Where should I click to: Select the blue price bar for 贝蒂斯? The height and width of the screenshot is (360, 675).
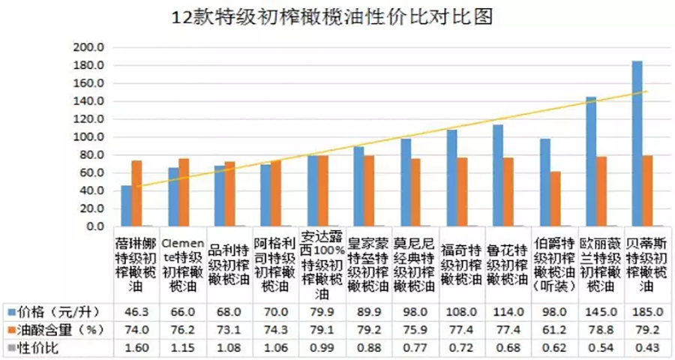pyautogui.click(x=637, y=143)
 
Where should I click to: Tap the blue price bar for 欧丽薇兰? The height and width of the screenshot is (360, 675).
pyautogui.click(x=591, y=161)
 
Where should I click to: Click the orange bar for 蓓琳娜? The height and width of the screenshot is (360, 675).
pyautogui.click(x=136, y=193)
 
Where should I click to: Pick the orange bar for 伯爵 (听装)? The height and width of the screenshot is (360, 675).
pyautogui.click(x=555, y=199)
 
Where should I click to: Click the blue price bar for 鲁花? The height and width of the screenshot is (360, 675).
pyautogui.click(x=497, y=175)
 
